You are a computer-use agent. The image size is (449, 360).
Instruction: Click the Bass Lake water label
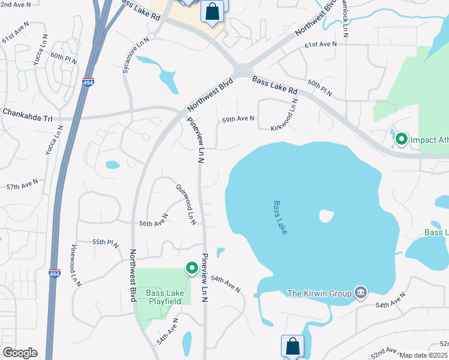pos(280,217)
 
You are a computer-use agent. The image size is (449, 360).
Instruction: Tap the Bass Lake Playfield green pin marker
pos(192,268)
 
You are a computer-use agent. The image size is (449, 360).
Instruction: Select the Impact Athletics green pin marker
pos(401,140)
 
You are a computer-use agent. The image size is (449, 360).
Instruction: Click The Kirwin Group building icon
pos(361,293)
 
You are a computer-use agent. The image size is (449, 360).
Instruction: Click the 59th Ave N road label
pos(238,119)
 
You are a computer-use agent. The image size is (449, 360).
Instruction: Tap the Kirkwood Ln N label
pos(285,115)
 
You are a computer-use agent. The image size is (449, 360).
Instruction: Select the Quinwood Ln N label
pos(187,205)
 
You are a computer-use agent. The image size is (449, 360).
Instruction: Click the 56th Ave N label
pos(153,223)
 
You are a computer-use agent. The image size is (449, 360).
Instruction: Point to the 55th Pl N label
pos(106,243)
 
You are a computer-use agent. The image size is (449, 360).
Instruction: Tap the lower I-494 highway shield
pos(55,274)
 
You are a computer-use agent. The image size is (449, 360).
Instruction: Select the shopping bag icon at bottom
pos(292,346)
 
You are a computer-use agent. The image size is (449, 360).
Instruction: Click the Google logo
pos(20,352)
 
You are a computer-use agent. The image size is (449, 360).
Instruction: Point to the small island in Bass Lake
pos(327,215)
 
